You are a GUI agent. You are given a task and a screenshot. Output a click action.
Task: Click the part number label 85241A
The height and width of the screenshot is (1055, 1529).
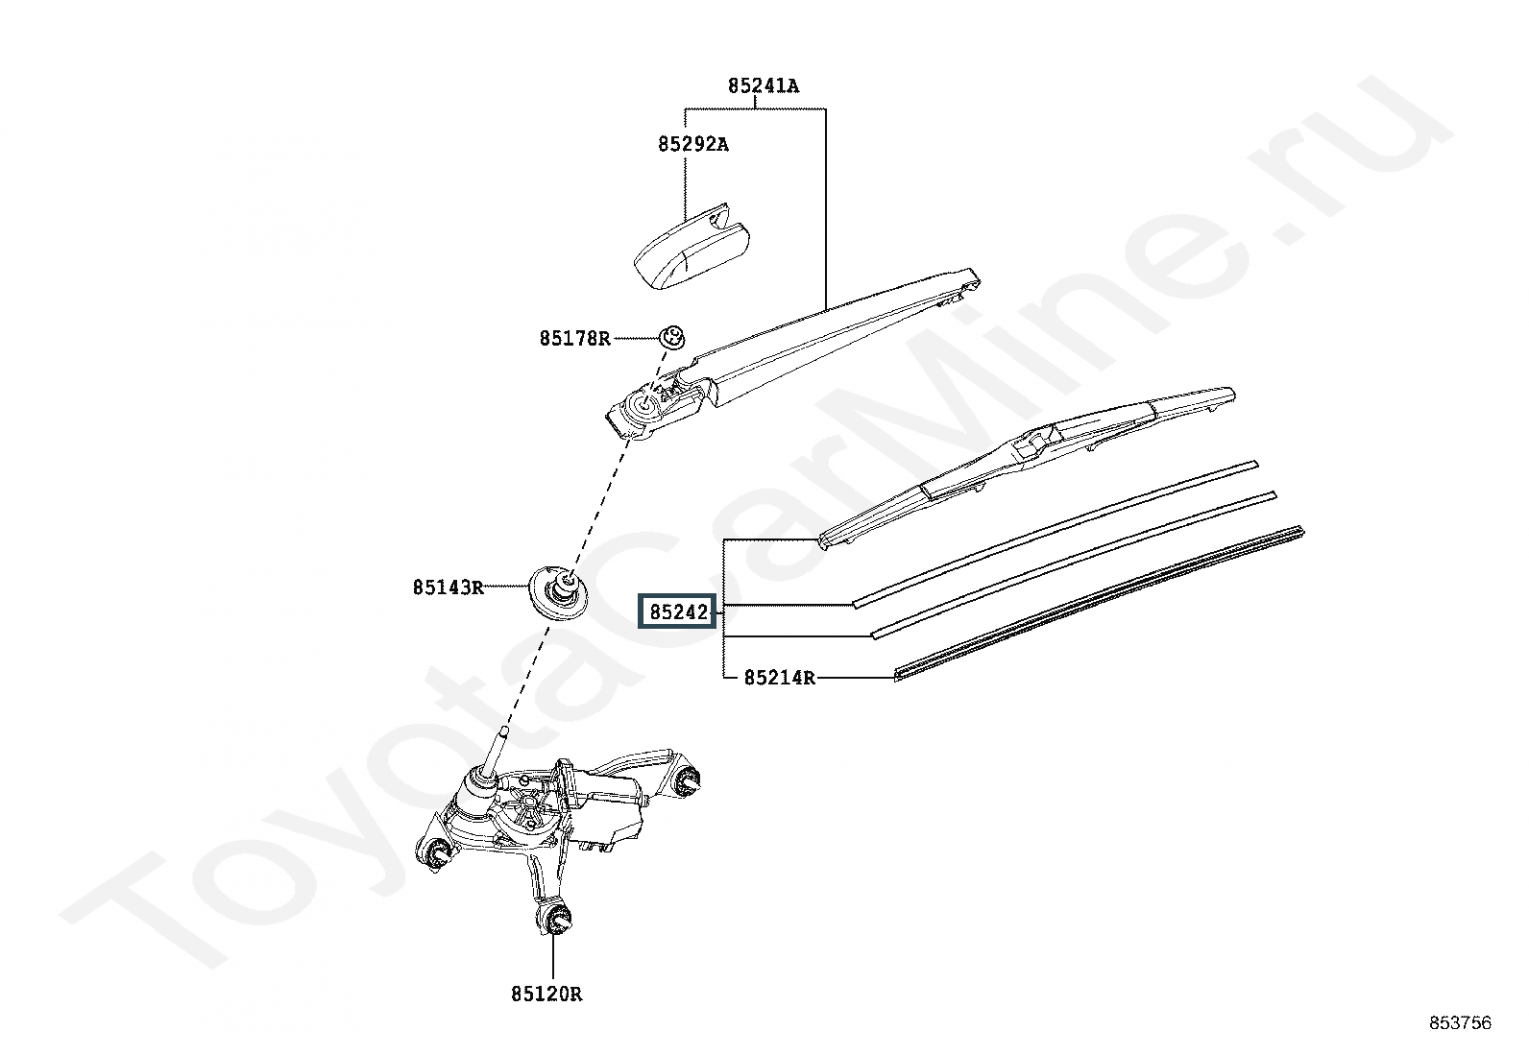pyautogui.click(x=763, y=86)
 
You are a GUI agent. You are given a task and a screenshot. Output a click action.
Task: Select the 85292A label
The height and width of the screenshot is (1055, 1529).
pyautogui.click(x=692, y=145)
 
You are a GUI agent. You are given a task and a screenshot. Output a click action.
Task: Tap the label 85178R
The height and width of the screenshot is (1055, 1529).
pyautogui.click(x=574, y=338)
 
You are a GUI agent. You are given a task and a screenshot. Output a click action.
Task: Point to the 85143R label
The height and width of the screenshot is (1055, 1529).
pyautogui.click(x=449, y=587)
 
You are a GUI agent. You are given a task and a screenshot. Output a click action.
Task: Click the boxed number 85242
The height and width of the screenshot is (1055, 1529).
pyautogui.click(x=679, y=611)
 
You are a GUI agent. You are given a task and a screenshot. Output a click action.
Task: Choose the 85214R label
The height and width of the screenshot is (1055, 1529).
pyautogui.click(x=779, y=679)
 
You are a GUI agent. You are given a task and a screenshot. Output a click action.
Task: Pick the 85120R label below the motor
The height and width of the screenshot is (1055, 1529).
pyautogui.click(x=546, y=995)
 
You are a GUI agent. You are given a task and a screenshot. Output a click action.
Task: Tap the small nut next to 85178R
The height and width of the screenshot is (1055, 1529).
pyautogui.click(x=671, y=337)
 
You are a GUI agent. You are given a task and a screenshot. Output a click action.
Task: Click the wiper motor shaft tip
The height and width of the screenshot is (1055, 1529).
pyautogui.click(x=503, y=734)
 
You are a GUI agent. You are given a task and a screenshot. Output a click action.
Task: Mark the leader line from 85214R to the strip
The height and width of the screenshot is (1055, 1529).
pyautogui.click(x=855, y=678)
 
